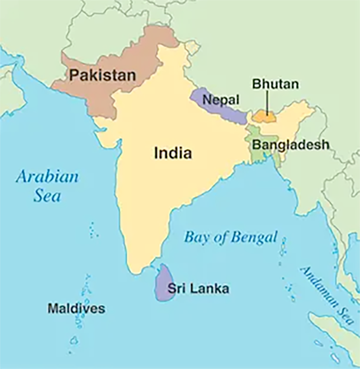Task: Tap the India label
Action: click(172, 153)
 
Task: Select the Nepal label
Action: click(221, 100)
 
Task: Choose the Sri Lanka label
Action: click(197, 288)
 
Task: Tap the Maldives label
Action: click(76, 308)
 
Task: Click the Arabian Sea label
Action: click(47, 185)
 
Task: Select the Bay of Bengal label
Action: click(230, 237)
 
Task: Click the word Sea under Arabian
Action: click(47, 196)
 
